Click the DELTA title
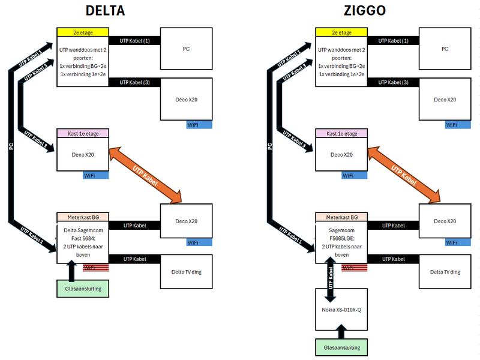[x=105, y=11]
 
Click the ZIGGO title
[x=365, y=11]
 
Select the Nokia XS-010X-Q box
[x=341, y=310]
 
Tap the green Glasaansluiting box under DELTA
[x=83, y=289]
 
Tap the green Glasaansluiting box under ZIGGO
[x=341, y=347]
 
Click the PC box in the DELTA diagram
[x=186, y=49]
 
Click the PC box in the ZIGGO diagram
[x=445, y=49]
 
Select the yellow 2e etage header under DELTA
[x=83, y=32]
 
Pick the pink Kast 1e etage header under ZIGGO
[x=341, y=133]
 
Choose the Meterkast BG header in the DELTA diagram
[x=83, y=217]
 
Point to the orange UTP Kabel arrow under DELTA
[x=145, y=175]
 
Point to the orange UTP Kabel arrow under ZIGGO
[x=404, y=175]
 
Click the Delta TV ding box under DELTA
[x=186, y=272]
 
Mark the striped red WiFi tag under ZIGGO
[x=354, y=268]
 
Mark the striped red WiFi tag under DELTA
[x=95, y=268]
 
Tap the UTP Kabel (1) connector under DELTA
[x=134, y=40]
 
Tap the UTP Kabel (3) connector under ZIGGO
[x=394, y=82]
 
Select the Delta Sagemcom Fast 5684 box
[x=83, y=242]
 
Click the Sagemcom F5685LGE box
[x=341, y=242]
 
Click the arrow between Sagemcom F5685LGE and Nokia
[x=331, y=280]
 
